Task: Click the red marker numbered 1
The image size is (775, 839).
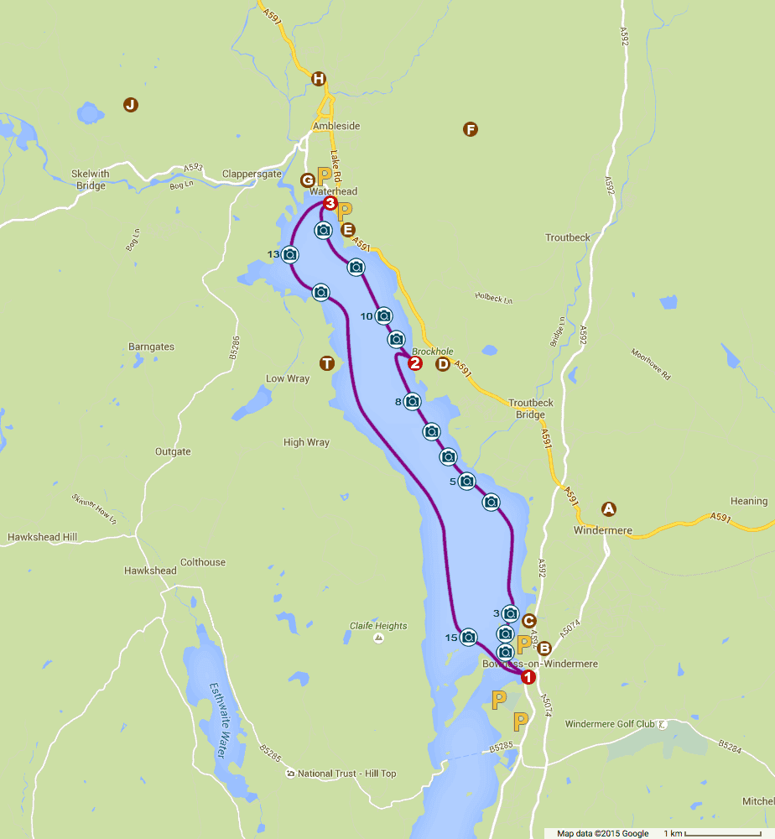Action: click(x=528, y=676)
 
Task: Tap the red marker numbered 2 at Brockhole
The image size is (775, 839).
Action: click(x=414, y=363)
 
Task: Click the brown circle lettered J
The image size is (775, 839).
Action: click(x=130, y=105)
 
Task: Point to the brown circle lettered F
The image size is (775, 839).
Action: click(x=470, y=129)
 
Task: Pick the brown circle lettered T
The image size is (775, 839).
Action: click(x=327, y=362)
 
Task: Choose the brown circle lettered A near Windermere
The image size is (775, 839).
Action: click(x=609, y=508)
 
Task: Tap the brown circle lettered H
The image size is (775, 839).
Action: click(x=318, y=80)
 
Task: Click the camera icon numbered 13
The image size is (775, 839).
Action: click(x=290, y=254)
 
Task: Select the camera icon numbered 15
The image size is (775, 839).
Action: click(x=469, y=638)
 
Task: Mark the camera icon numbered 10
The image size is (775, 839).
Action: click(x=383, y=315)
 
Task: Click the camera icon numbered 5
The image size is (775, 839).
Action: click(x=467, y=482)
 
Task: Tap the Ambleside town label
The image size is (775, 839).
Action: click(x=335, y=126)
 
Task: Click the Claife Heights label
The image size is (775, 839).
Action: click(x=378, y=626)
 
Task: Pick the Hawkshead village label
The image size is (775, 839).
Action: click(x=150, y=571)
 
